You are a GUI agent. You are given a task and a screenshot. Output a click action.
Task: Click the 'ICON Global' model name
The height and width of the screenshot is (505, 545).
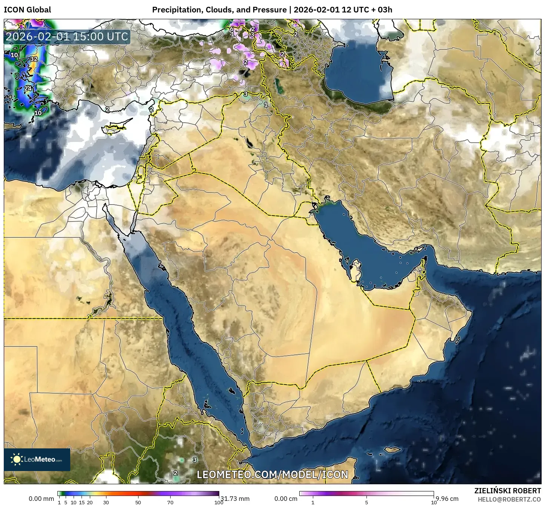point(27,10)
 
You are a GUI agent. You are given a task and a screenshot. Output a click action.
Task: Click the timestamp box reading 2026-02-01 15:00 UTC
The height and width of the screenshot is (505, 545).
point(67,37)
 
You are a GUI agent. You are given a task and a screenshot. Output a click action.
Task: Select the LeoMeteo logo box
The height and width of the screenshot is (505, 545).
point(37,459)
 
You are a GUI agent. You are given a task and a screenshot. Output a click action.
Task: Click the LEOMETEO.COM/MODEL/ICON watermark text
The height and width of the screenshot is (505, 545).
point(272,474)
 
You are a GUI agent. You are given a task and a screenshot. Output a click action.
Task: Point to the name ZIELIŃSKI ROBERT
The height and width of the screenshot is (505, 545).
point(507,491)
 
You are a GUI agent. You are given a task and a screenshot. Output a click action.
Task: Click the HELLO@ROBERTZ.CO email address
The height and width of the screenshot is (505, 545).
point(509,499)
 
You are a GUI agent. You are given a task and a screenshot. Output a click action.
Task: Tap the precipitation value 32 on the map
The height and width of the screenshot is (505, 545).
point(34,59)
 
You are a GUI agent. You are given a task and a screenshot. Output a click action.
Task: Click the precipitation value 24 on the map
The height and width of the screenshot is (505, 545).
point(28,89)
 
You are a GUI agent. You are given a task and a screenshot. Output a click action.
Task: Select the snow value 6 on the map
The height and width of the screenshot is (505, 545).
point(232,29)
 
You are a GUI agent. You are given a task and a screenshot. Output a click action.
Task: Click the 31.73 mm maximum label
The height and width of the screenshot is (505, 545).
point(235,499)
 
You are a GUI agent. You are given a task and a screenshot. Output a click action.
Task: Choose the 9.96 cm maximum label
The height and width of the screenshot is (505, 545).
point(447,499)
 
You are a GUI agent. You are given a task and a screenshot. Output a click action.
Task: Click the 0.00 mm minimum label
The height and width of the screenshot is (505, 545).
point(41,499)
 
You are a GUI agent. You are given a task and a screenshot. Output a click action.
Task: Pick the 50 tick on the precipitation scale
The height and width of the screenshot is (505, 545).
point(138,502)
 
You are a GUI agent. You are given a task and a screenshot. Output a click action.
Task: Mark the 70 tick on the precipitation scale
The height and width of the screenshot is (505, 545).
point(170,502)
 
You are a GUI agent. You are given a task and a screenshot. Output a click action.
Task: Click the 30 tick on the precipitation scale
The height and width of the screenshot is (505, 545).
point(106,502)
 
